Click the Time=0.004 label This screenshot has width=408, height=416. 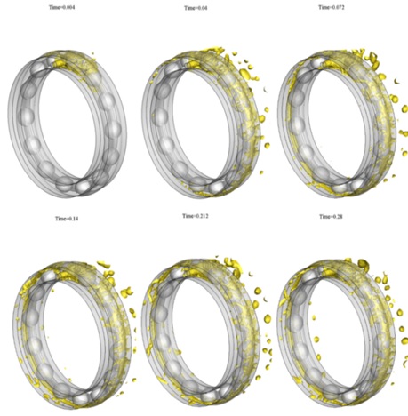point(61,7)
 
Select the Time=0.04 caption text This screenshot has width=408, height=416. point(196,8)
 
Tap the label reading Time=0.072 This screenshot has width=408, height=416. point(332,7)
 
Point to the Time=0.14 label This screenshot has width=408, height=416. point(67,219)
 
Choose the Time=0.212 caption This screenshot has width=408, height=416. point(196,216)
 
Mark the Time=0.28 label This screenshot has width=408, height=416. point(331,217)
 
